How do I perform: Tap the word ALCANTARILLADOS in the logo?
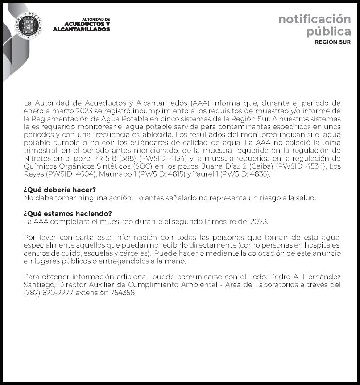point(81,29)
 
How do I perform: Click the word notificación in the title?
point(314,19)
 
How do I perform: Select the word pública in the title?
point(328,32)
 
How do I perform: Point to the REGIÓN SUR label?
point(332,42)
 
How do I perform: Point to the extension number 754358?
point(122,293)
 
